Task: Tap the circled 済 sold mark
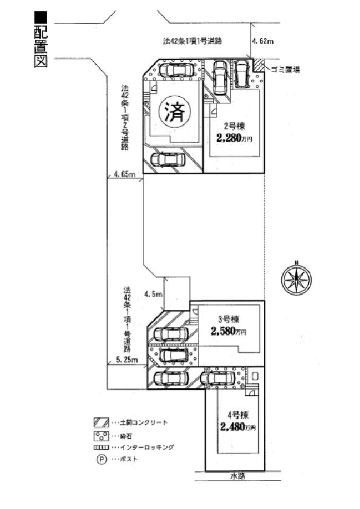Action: [174, 111]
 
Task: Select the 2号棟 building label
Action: [233, 127]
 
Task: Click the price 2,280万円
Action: [234, 138]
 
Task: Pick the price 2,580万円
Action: [229, 332]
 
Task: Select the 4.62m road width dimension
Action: [263, 42]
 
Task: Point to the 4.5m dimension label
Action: [154, 295]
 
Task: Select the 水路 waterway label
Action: [238, 476]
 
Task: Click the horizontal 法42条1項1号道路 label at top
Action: [192, 42]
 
